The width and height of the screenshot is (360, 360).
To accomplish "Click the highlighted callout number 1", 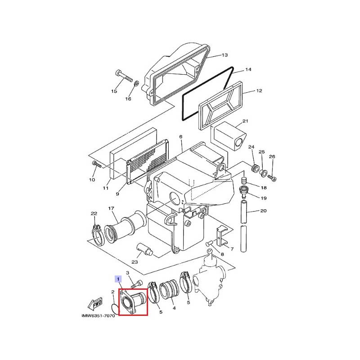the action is (x=118, y=279).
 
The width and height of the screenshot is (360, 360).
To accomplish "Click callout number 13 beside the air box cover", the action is (x=224, y=55).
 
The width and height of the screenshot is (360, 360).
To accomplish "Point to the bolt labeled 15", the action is (x=124, y=76).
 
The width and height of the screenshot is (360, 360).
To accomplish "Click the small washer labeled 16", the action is (x=136, y=83).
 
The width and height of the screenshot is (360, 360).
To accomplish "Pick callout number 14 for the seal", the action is (x=248, y=69).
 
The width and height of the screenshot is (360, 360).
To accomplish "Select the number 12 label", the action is (x=259, y=91).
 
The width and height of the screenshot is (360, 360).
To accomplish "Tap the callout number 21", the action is (x=245, y=121).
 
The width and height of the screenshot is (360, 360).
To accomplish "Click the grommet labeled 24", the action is (x=255, y=167).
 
